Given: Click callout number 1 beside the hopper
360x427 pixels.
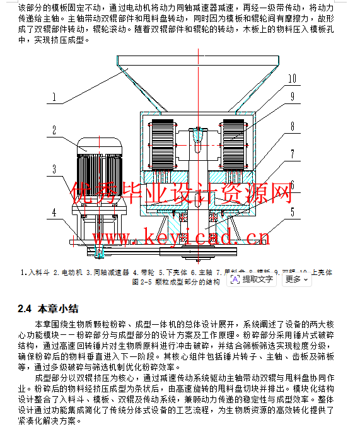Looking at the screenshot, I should coord(55,98).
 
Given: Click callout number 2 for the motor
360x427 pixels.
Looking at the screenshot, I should coord(55,131).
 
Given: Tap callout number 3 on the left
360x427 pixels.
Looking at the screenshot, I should coord(55,168).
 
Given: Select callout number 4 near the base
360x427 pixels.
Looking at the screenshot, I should coord(55,211).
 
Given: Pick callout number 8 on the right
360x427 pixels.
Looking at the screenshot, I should coord(292,126).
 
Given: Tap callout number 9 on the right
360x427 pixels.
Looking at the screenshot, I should coord(292,97).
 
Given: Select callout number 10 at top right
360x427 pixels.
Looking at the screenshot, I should coord(291,79).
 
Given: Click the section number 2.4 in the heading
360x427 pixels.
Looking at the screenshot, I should coord(25,308).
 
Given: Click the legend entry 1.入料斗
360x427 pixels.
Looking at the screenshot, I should coord(35,272).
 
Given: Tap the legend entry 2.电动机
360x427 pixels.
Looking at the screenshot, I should coord(68,272).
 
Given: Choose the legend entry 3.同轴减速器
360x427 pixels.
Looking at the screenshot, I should coord(108,272).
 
